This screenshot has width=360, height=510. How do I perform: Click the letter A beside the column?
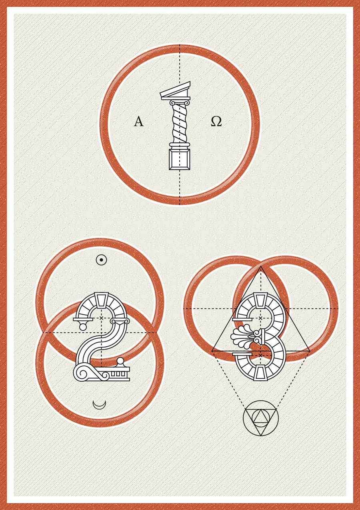pos(138,121)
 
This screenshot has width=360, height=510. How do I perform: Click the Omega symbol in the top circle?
pos(216,121)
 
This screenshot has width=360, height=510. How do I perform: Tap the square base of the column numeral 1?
pos(179,159)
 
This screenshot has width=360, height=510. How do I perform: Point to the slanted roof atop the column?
pos(175,90)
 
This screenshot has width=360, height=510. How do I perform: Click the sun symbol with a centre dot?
pos(101,260)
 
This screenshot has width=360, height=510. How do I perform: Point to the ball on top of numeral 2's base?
pos(120,361)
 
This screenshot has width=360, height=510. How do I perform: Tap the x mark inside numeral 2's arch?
pos(102,317)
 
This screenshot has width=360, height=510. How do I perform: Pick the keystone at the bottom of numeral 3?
pos(260,373)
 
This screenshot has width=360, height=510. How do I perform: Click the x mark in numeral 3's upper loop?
pos(261,318)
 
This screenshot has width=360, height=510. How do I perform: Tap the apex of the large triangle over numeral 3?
pos(261,266)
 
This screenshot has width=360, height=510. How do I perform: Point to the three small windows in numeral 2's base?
pos(118,373)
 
